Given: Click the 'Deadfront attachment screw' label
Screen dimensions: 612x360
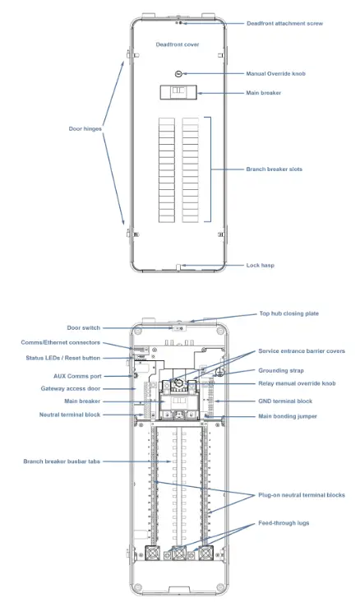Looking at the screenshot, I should [284, 23].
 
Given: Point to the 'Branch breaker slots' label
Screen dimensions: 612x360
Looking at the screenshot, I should [274, 169].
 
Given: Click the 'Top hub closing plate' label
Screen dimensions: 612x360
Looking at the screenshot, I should [290, 313].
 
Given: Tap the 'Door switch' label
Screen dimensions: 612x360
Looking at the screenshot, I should [84, 327].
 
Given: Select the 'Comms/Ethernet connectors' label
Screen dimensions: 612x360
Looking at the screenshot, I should [61, 342].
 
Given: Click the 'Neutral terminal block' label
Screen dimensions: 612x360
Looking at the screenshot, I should [69, 415].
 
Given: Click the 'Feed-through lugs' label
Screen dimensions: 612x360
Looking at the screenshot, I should [279, 523].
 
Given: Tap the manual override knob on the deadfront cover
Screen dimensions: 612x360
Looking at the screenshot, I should [174, 73].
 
